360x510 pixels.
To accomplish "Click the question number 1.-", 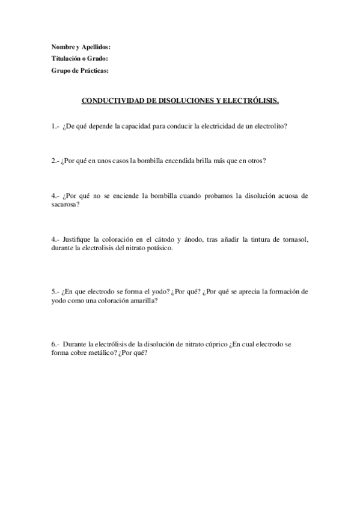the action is point(55,126).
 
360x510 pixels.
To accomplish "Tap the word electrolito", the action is point(268,126).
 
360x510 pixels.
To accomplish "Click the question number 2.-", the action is point(55,161).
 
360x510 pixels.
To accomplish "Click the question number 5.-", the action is point(55,292).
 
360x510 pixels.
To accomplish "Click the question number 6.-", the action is point(55,344).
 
